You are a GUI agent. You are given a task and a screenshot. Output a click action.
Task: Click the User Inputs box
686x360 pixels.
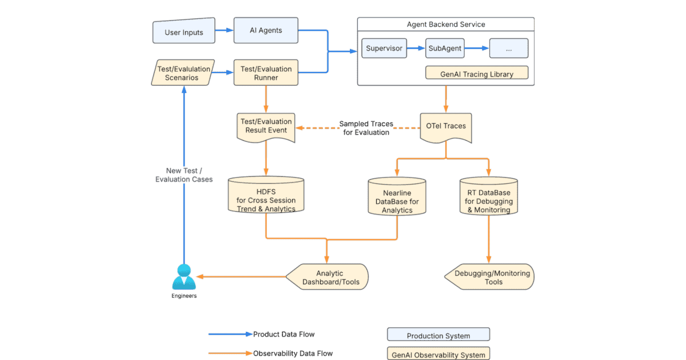coord(184,31)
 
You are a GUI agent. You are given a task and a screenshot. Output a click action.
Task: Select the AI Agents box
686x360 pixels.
coord(266,30)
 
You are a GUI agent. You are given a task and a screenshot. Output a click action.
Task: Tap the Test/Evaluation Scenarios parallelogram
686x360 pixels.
coord(183,73)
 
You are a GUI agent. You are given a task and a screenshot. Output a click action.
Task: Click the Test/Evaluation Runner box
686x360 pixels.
coord(266,73)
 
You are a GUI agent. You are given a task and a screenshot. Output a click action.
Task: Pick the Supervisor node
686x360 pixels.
coord(384,49)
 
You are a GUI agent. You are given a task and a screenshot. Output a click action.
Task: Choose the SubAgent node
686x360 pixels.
coord(444,49)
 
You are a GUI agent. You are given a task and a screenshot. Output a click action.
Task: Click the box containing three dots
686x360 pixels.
coord(508,49)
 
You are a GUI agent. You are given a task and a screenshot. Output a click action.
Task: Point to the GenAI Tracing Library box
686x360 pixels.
coord(477,74)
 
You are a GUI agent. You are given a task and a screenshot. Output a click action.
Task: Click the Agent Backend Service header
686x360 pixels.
coord(445,24)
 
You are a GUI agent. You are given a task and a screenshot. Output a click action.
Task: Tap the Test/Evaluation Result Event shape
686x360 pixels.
coord(266,127)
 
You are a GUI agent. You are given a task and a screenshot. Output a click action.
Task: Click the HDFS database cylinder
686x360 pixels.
coord(266,196)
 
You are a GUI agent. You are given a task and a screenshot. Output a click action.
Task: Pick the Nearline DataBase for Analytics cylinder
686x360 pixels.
coord(397,197)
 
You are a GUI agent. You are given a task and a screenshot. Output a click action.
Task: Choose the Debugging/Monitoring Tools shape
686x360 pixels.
coord(490,277)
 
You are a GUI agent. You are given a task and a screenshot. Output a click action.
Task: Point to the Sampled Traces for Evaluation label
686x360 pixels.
coord(366,128)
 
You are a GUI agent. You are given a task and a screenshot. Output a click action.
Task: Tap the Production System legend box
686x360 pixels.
coord(438,335)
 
